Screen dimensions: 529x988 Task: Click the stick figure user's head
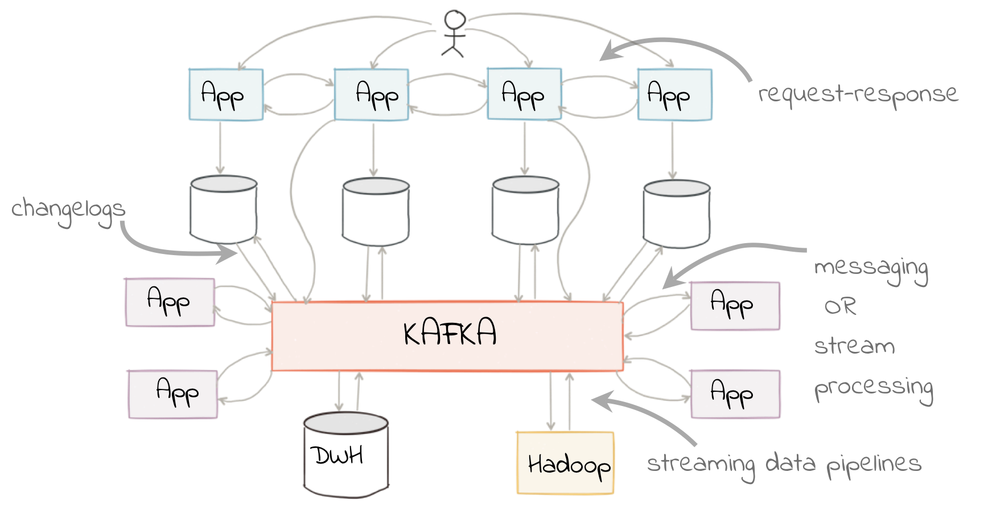pyautogui.click(x=455, y=20)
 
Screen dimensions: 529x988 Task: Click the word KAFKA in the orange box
pyautogui.click(x=450, y=333)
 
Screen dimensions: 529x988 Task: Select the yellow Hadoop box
pyautogui.click(x=565, y=463)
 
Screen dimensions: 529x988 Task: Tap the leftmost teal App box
pyautogui.click(x=226, y=95)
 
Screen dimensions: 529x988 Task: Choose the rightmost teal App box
pyautogui.click(x=674, y=95)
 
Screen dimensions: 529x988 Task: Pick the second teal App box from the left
pyautogui.click(x=371, y=95)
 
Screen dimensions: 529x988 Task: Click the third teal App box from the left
pyautogui.click(x=524, y=95)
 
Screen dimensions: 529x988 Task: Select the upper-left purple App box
pyautogui.click(x=170, y=302)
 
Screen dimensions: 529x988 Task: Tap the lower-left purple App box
pyautogui.click(x=173, y=394)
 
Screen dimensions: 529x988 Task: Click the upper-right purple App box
pyautogui.click(x=735, y=306)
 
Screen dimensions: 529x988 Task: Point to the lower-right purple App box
pyautogui.click(x=735, y=394)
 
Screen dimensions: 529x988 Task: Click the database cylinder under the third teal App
pyautogui.click(x=525, y=211)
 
